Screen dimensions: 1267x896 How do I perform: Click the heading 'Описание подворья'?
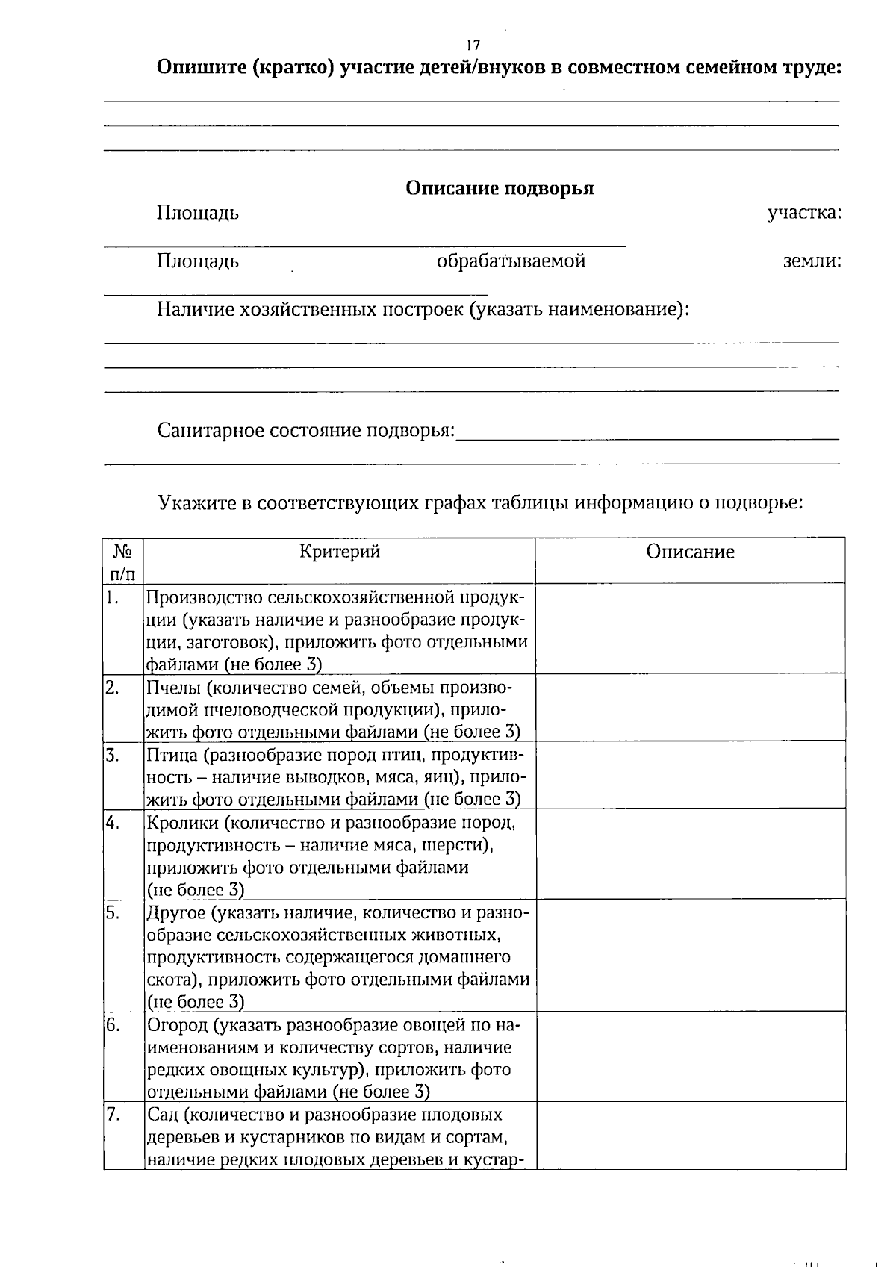499,188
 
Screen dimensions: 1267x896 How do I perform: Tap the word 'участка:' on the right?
804,213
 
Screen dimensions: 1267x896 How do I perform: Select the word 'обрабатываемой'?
511,261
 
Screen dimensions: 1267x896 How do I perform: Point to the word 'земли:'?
812,261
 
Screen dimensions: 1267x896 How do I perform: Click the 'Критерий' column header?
340,552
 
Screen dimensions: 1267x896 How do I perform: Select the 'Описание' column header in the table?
690,552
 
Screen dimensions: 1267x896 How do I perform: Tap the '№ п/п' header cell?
123,562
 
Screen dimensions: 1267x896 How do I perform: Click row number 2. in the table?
113,688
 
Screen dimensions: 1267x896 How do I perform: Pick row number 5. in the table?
113,913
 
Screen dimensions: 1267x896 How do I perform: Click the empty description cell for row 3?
690,775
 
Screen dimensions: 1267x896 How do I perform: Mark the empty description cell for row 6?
690,1056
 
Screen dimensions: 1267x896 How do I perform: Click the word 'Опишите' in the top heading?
199,68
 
